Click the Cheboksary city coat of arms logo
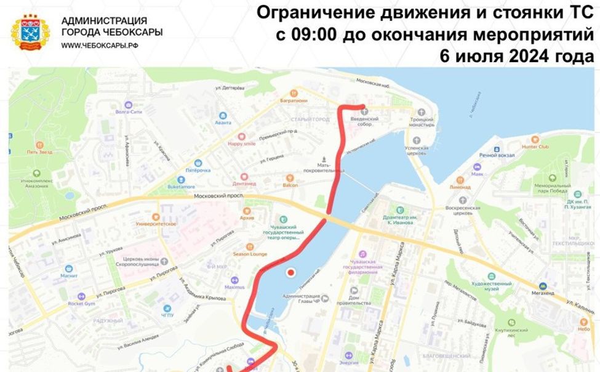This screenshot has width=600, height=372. click(x=29, y=33)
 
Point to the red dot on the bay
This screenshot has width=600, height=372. click(x=291, y=272)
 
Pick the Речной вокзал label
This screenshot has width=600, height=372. click(x=496, y=155)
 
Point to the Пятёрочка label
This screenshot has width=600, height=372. click(x=198, y=170)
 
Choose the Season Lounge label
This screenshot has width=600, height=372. click(x=249, y=254)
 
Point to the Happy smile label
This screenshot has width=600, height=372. click(x=241, y=144)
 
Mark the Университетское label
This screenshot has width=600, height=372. click(x=156, y=224)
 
